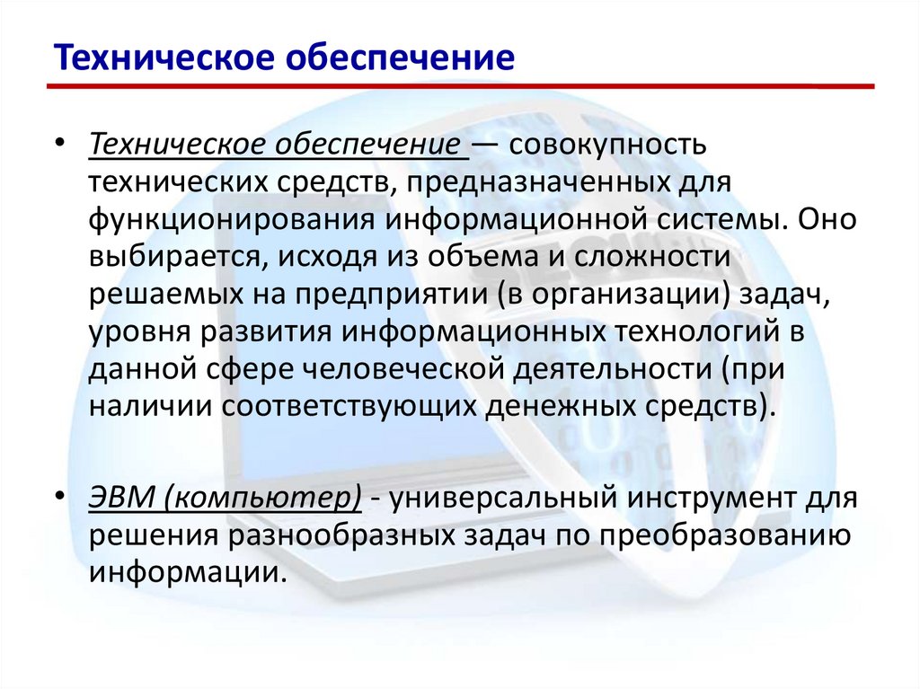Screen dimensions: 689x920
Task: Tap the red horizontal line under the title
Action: tap(460, 87)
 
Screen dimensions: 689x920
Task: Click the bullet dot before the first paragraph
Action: tap(59, 144)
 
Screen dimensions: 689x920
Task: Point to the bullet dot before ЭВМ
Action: tap(59, 497)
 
